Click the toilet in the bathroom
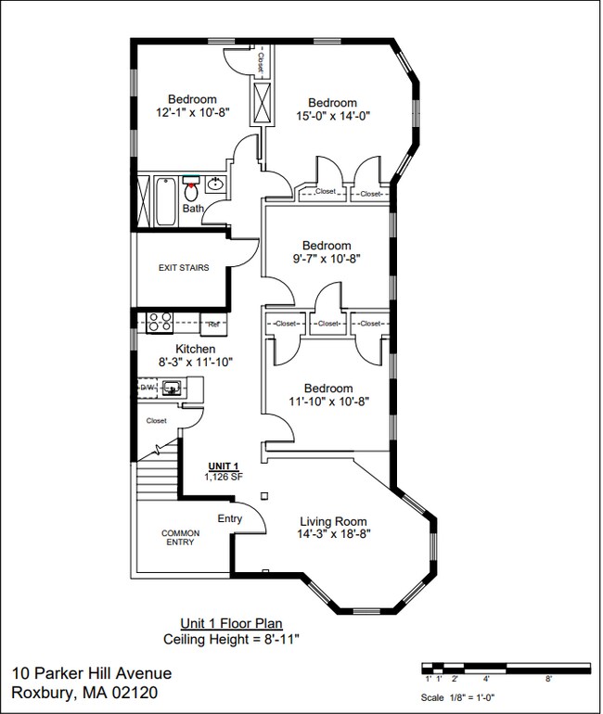192,192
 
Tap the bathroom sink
215,184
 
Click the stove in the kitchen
158,323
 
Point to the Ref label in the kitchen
212,325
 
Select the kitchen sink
172,389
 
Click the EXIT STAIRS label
184,268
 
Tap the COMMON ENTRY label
180,539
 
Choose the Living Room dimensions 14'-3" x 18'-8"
334,534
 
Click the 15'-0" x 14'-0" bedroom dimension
333,116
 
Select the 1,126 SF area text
223,477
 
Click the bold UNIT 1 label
223,465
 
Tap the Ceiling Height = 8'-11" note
231,639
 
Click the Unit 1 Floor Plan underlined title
231,624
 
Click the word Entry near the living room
230,518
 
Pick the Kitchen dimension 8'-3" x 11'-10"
183,362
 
